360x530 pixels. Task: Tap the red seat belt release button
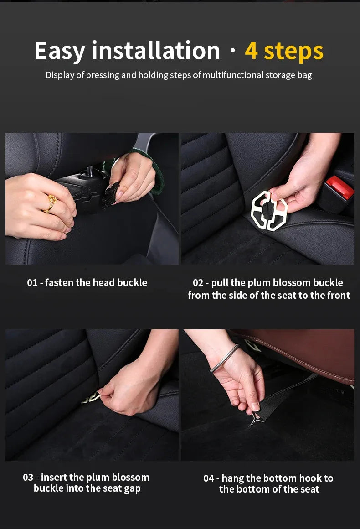pos(340,187)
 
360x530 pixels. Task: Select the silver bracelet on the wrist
pos(225,359)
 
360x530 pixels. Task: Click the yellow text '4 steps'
pos(284,51)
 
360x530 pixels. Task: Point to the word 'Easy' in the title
pos(60,51)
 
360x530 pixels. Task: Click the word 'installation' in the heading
pos(156,51)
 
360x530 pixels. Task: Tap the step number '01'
pos(32,283)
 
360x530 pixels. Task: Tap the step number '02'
pos(198,283)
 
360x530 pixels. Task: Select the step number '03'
pos(28,478)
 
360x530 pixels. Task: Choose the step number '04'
pos(209,478)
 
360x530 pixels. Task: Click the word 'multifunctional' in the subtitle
pos(233,75)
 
